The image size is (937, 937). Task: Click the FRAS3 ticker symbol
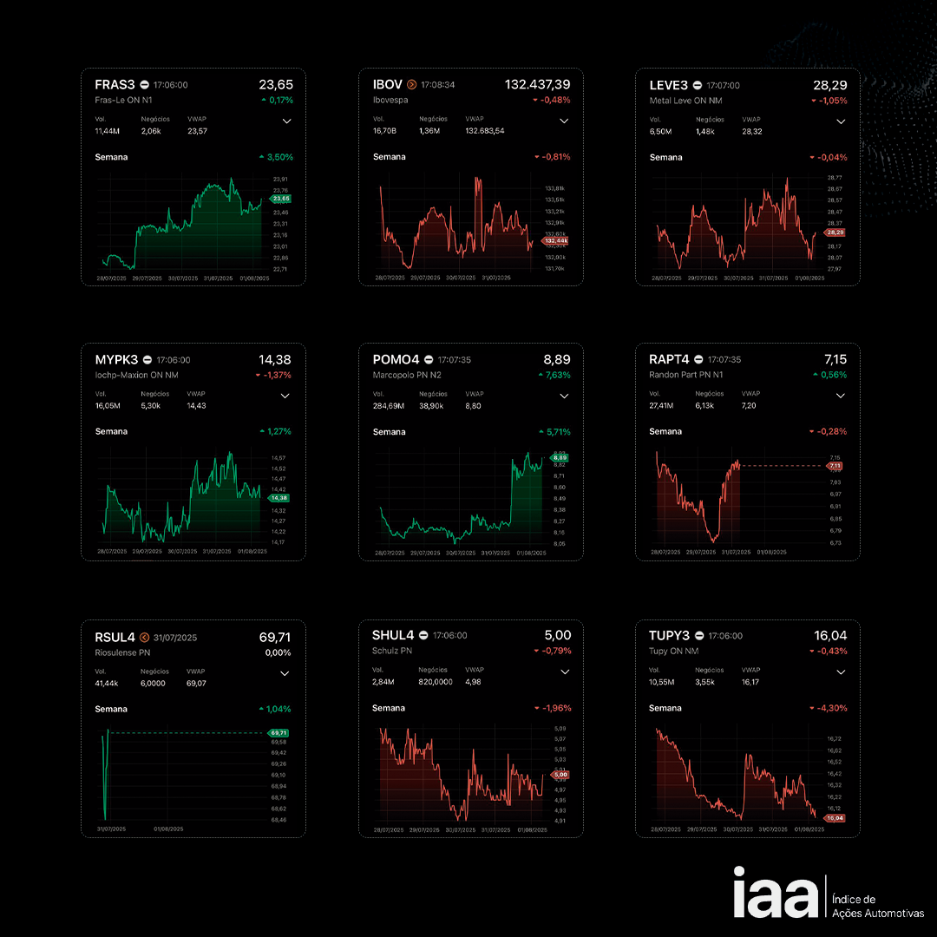coord(115,85)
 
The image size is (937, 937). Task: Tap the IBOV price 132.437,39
coord(537,84)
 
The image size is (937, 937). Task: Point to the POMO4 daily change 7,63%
coord(555,376)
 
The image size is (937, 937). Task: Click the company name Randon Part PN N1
coord(685,376)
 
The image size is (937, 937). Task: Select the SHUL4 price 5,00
coord(558,635)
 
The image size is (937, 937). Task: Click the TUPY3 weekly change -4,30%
coord(832,709)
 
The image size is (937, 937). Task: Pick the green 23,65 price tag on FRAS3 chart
coord(281,199)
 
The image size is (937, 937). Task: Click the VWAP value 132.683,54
coord(484,131)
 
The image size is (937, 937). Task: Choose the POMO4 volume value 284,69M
coord(389,406)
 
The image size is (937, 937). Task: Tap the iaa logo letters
coord(775,893)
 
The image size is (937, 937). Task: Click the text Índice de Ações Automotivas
coord(877,907)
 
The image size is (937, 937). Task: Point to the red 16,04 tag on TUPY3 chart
coord(835,818)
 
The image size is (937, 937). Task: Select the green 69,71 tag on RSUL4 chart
coord(278,733)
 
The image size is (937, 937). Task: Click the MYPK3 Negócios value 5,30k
coord(151,406)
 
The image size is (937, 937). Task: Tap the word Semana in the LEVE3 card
coord(665,158)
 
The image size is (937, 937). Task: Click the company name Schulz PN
coord(393,651)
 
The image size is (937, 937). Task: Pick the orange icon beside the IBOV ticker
coord(411,85)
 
